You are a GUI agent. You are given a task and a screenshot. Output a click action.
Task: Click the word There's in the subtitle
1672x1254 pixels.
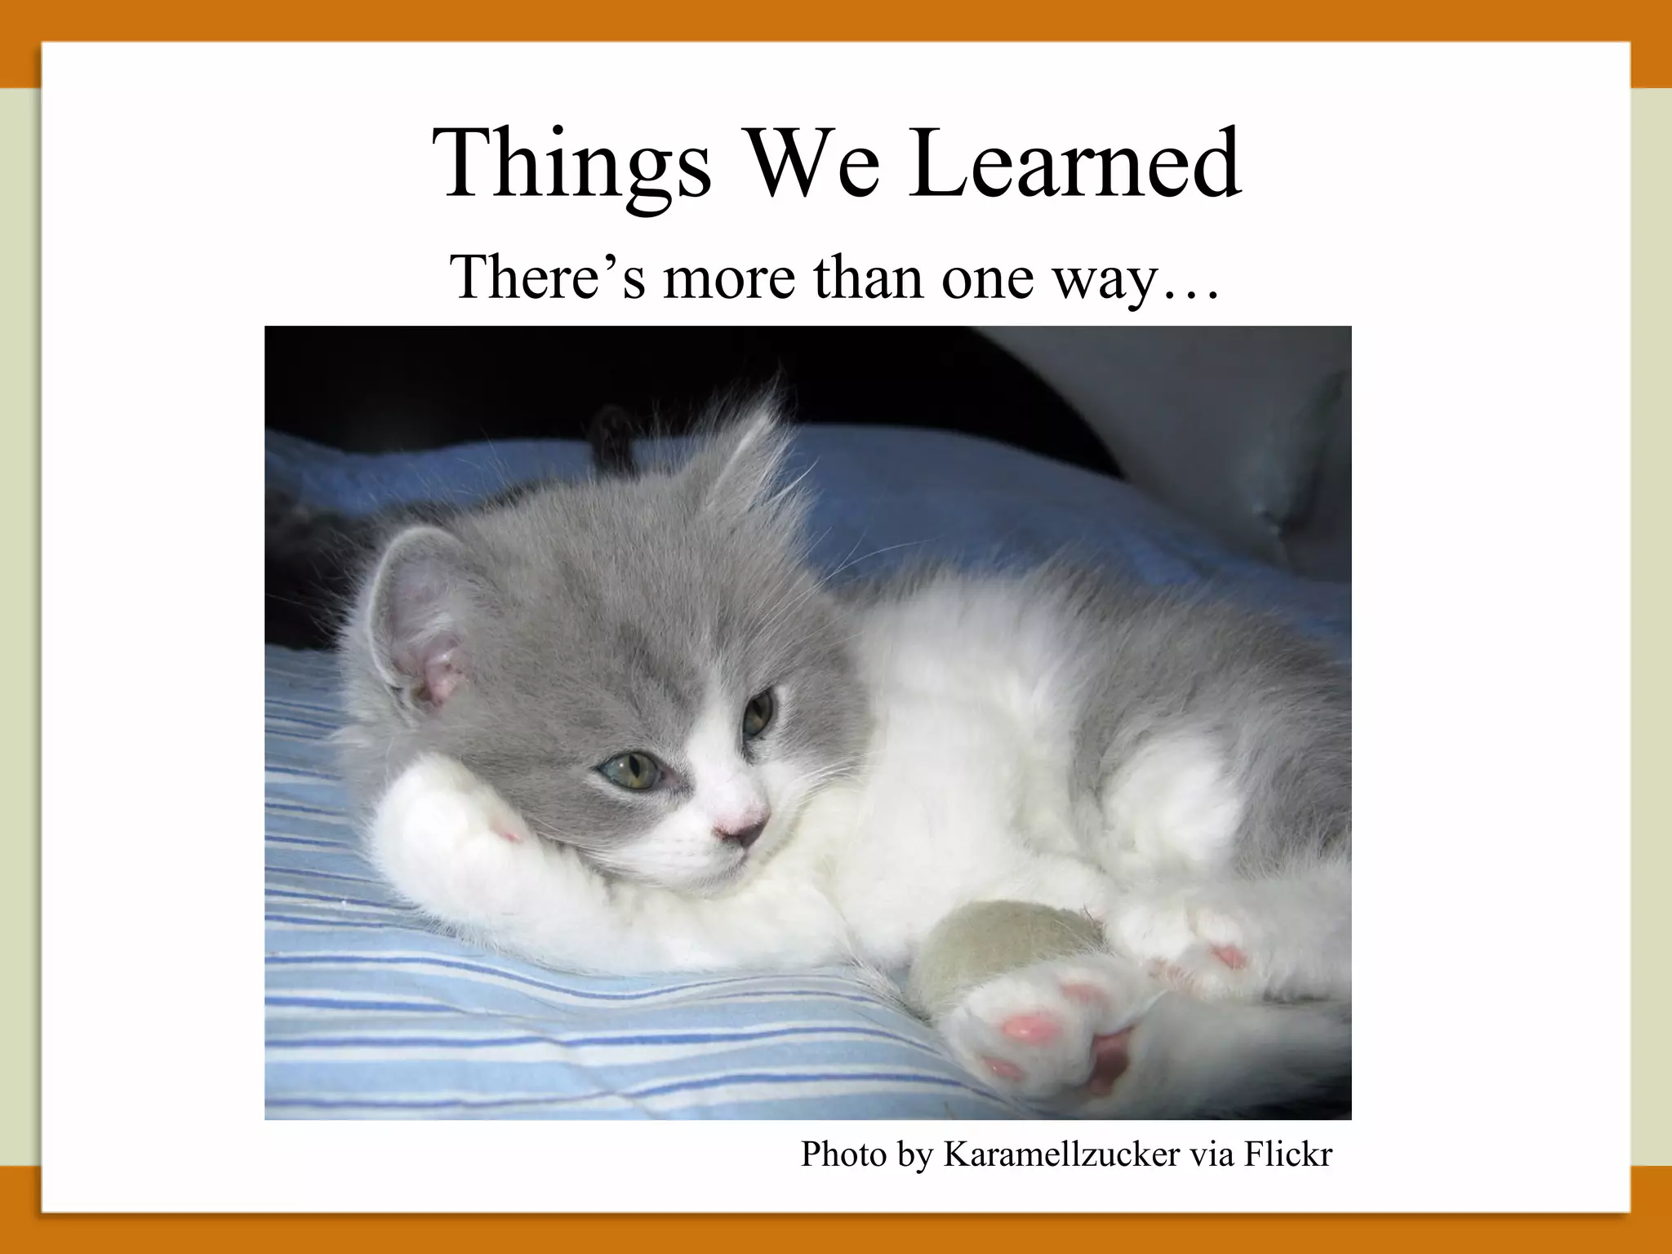coord(546,277)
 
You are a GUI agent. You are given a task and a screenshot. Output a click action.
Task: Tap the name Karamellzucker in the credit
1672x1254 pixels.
coord(1061,1154)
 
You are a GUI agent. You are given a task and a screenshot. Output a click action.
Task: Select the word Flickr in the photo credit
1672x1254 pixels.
coord(1287,1154)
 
